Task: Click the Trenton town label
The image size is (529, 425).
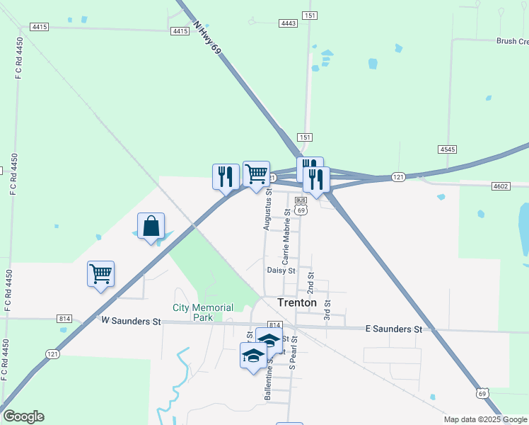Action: tap(297, 302)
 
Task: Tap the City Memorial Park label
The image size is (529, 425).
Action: tap(203, 312)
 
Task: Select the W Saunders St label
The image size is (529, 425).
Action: tap(131, 321)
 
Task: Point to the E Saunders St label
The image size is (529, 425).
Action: tap(393, 329)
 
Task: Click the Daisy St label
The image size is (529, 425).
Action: tap(281, 271)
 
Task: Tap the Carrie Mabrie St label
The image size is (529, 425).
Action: tap(287, 234)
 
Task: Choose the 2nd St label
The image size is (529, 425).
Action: tap(310, 282)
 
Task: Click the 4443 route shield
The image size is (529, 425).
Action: tap(288, 23)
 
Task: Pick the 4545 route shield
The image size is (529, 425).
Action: tap(447, 149)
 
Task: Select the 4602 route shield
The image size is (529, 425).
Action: tap(501, 186)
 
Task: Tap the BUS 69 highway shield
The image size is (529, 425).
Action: tap(301, 206)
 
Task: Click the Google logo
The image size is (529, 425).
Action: tap(23, 416)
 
